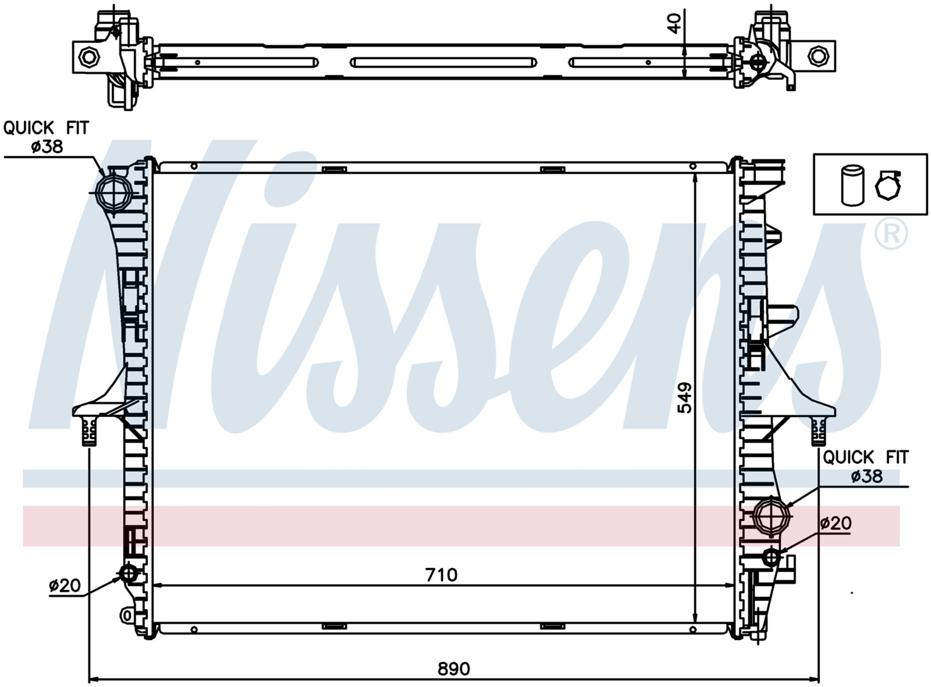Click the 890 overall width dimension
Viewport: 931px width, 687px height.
[453, 668]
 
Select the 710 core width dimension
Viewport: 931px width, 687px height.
[442, 575]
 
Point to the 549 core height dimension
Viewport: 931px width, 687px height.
[685, 398]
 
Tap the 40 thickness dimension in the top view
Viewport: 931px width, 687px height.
[674, 23]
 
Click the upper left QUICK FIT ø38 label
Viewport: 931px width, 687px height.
[46, 137]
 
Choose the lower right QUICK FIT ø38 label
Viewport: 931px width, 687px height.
[865, 466]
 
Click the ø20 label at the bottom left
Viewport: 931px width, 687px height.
[65, 585]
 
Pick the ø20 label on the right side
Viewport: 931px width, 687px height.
[836, 524]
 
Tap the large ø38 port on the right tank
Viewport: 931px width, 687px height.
[772, 516]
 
